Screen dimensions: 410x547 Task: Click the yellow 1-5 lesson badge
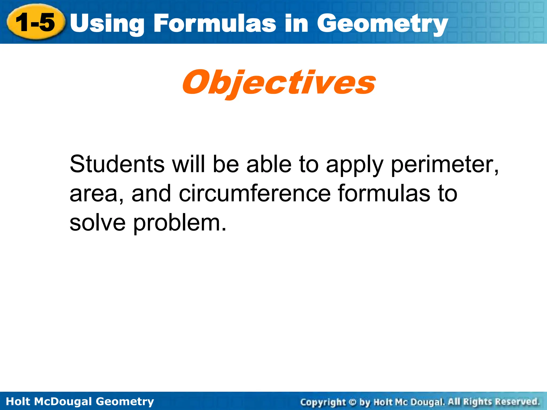tap(36, 22)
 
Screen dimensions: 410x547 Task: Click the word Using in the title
tap(107, 24)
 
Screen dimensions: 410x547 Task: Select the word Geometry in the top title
tap(382, 24)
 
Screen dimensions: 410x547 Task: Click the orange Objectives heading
tap(279, 83)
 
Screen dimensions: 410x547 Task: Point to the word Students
tap(117, 164)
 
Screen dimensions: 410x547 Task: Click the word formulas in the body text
tap(384, 193)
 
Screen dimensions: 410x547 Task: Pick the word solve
tap(97, 223)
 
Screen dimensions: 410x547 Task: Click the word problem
tap(179, 223)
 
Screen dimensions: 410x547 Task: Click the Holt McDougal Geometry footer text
tap(80, 401)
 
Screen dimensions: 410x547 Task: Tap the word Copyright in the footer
tap(323, 402)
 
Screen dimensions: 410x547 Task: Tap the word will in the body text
tap(189, 164)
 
